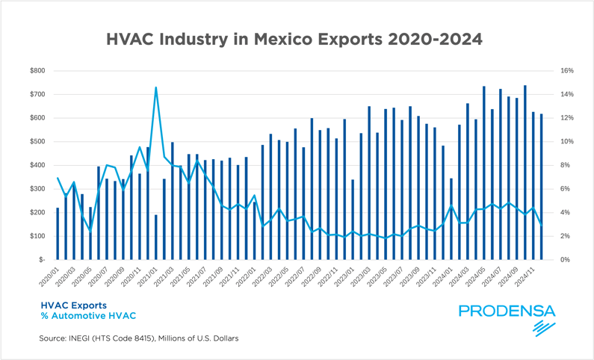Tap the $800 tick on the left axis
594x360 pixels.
click(x=36, y=71)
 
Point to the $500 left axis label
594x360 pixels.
click(x=36, y=142)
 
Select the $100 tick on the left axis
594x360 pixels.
click(x=36, y=236)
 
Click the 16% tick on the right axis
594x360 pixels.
click(x=565, y=71)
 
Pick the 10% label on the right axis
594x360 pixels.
click(x=565, y=142)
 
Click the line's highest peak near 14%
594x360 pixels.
click(x=155, y=87)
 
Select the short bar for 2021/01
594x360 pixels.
click(x=155, y=237)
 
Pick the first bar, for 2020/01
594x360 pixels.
click(x=58, y=233)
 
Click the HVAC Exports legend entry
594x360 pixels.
click(x=73, y=305)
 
